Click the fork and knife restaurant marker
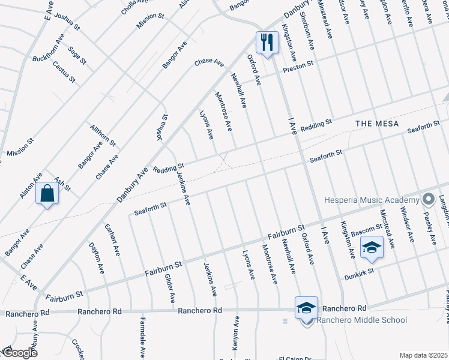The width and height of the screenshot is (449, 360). click(267, 42)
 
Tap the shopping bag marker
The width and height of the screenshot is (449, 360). click(47, 194)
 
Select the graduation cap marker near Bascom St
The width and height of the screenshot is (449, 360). click(372, 247)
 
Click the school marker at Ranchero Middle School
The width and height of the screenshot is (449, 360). click(306, 308)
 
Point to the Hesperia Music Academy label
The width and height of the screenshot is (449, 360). click(371, 200)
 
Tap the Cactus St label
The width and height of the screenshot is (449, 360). click(64, 71)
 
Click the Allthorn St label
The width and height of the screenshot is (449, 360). click(103, 136)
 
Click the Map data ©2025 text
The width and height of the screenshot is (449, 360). click(423, 355)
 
